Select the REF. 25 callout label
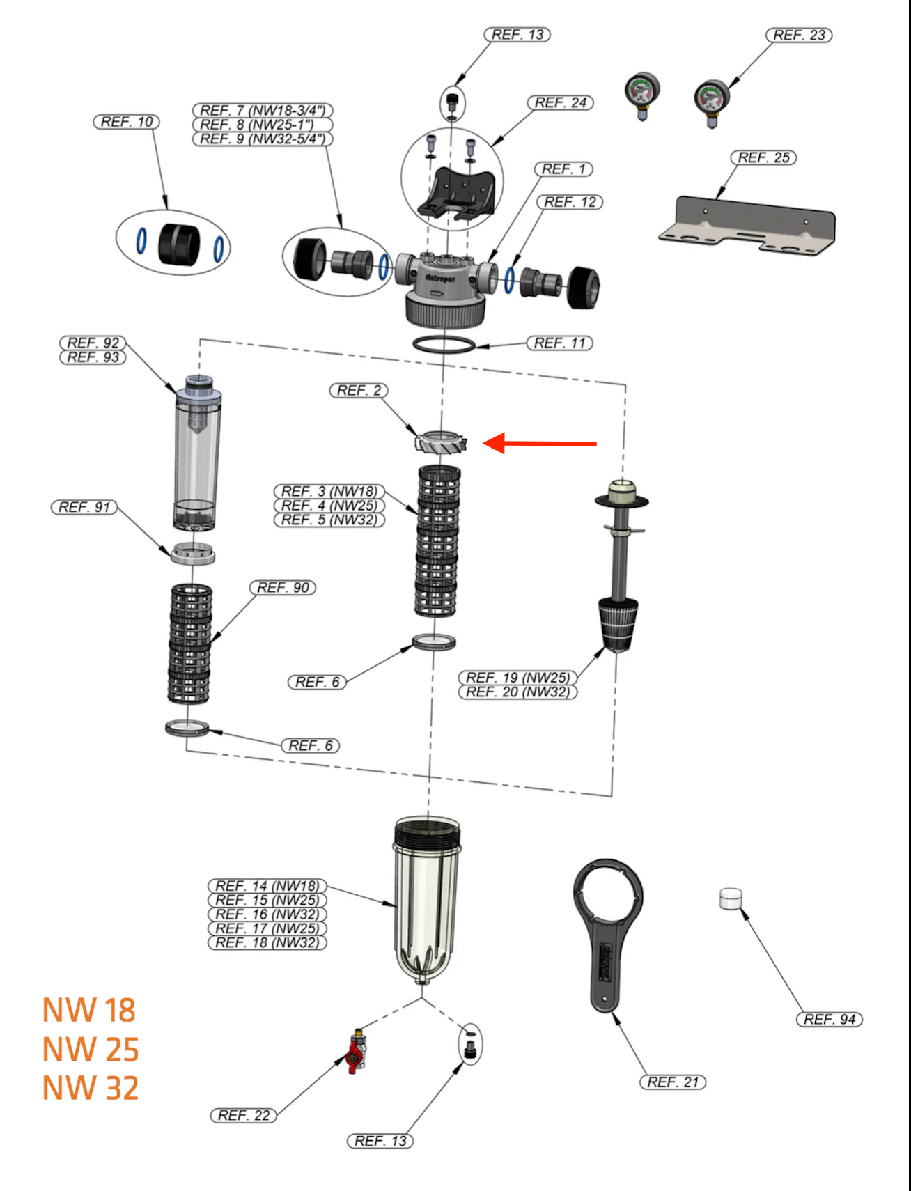tap(763, 158)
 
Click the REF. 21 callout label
tap(672, 1082)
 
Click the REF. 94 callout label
tap(829, 1020)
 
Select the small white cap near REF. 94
tap(731, 898)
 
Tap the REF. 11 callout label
tap(559, 343)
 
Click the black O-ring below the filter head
tap(444, 345)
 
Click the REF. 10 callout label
tap(127, 122)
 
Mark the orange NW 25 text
tap(91, 1050)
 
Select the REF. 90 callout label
tap(283, 588)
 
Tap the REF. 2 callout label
tap(359, 391)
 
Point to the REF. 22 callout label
tap(244, 1116)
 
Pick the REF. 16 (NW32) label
tap(267, 914)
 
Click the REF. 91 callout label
tap(84, 507)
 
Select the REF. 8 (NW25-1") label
tap(263, 125)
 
